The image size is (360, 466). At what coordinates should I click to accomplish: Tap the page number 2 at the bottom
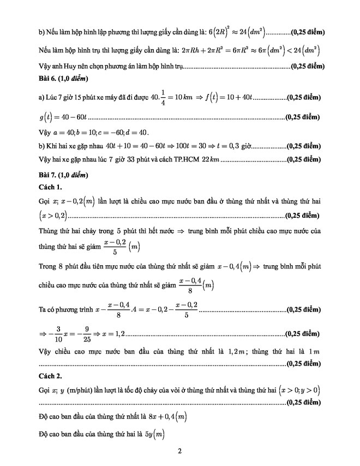(179, 451)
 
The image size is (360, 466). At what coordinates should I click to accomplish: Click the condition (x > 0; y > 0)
(299, 390)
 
